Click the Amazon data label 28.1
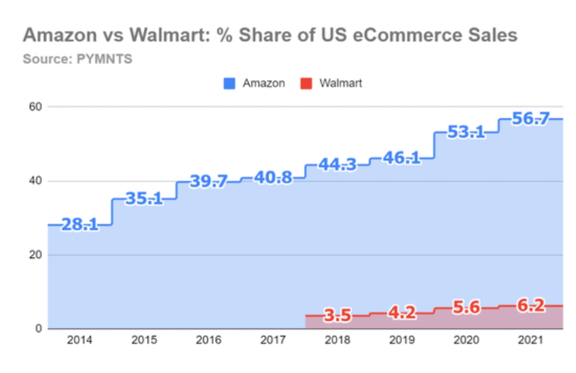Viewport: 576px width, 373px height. coord(79,225)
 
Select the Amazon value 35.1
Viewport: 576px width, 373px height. coord(144,198)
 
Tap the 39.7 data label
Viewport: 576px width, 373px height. coord(209,182)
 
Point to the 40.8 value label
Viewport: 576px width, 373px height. coord(273,177)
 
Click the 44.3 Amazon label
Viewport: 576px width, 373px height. coord(338,165)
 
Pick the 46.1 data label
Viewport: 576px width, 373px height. coord(402,158)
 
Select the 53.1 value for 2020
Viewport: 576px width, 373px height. coord(466,131)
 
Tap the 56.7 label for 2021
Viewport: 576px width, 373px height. coord(531,118)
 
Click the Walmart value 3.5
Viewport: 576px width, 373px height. coord(338,316)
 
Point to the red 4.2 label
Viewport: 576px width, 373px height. coord(402,313)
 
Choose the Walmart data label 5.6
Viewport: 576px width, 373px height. coord(466,308)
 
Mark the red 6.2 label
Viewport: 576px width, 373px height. coord(531,306)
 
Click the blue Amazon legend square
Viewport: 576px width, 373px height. coord(228,83)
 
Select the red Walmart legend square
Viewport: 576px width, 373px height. coord(305,83)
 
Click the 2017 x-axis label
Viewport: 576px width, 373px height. coord(273,340)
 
